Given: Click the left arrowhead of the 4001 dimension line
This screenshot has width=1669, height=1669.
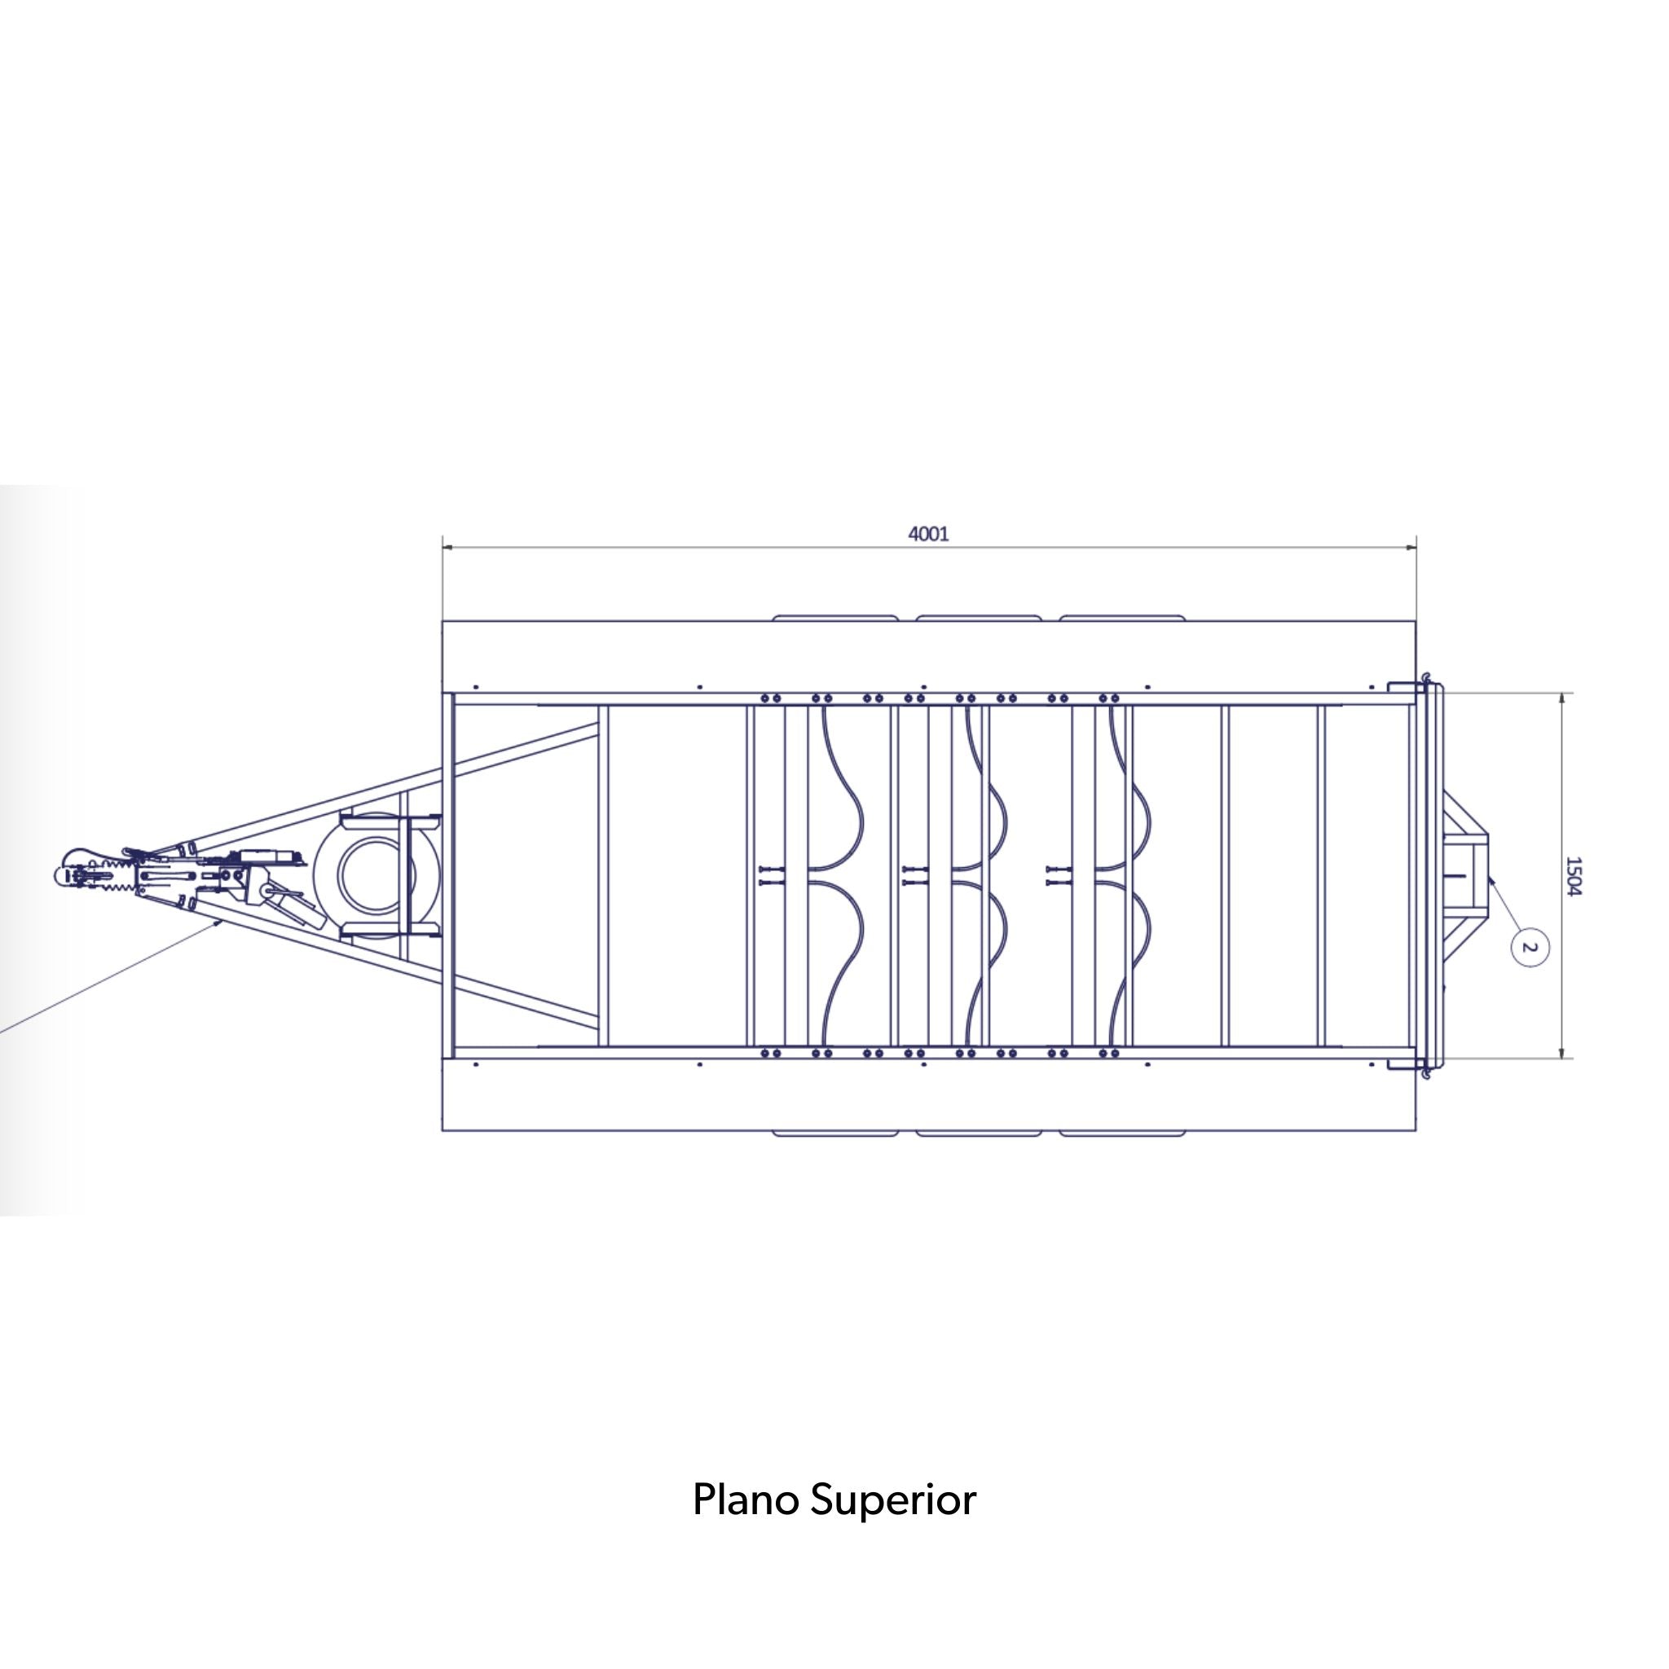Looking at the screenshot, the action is point(443,547).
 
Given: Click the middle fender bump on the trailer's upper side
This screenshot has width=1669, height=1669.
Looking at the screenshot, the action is point(978,619).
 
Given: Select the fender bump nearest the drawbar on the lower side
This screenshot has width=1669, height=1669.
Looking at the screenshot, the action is point(834,1133).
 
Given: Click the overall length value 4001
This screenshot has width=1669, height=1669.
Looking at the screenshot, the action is point(929,534).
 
